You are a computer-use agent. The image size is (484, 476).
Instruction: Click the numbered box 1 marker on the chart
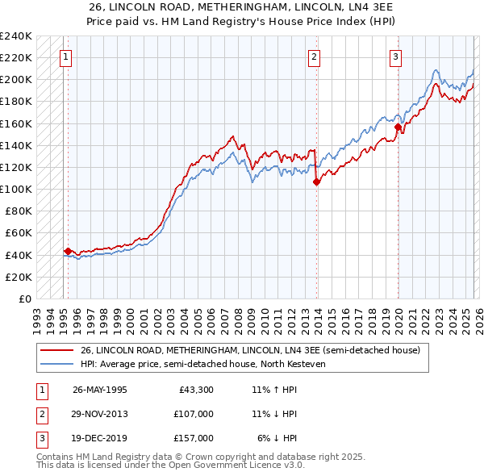[x=65, y=56]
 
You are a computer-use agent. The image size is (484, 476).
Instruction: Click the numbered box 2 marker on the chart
[x=314, y=56]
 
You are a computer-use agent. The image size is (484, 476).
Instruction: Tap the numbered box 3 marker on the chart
[x=396, y=56]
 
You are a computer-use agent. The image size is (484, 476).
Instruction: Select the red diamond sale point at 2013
[x=316, y=182]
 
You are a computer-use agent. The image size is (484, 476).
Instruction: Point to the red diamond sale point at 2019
[x=398, y=127]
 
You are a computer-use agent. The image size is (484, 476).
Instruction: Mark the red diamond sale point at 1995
[x=68, y=251]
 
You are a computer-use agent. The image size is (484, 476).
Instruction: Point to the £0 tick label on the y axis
[x=24, y=299]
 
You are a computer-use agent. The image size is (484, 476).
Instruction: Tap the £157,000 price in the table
[x=194, y=438]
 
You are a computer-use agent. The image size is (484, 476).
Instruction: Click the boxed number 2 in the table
[x=40, y=414]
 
